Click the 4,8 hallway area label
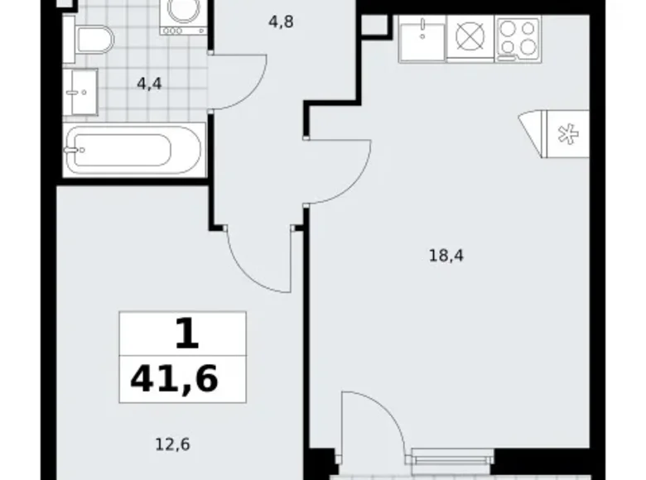[281, 22]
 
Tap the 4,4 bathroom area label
[149, 84]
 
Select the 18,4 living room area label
[446, 256]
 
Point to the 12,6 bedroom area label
[172, 444]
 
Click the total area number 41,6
[174, 379]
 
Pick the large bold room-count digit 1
[187, 334]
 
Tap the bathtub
[134, 151]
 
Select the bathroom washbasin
[80, 92]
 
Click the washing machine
[184, 17]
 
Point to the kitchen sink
[422, 40]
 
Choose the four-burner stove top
[518, 40]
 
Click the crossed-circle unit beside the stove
[470, 38]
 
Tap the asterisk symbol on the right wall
[567, 134]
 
